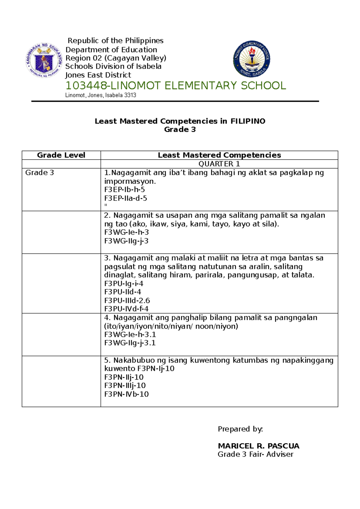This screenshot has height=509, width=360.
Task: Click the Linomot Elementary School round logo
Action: [251, 59]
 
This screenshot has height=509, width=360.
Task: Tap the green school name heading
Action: [175, 86]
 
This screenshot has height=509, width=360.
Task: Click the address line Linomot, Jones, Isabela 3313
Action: [100, 95]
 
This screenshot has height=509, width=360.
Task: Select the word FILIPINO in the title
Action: [248, 121]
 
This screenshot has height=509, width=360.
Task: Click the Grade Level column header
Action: [61, 155]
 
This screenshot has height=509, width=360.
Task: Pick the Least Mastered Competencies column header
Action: [219, 155]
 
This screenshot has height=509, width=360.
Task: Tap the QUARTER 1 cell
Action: [219, 164]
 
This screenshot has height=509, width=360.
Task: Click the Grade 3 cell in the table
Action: [40, 173]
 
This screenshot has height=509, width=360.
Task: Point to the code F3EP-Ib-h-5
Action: [124, 190]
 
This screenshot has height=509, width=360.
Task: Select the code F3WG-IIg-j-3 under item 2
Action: [126, 241]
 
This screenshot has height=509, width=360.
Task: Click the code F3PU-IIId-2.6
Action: [127, 300]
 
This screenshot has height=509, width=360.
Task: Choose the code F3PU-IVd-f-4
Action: [126, 309]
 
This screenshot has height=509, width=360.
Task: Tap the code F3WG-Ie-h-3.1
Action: [130, 335]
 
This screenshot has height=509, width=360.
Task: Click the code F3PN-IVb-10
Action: [126, 394]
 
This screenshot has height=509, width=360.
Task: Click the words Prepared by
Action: [240, 429]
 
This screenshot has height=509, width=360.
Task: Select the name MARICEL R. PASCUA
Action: [259, 446]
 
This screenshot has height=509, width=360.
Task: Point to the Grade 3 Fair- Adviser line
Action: [255, 454]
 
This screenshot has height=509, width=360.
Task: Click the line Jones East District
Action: [98, 75]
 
